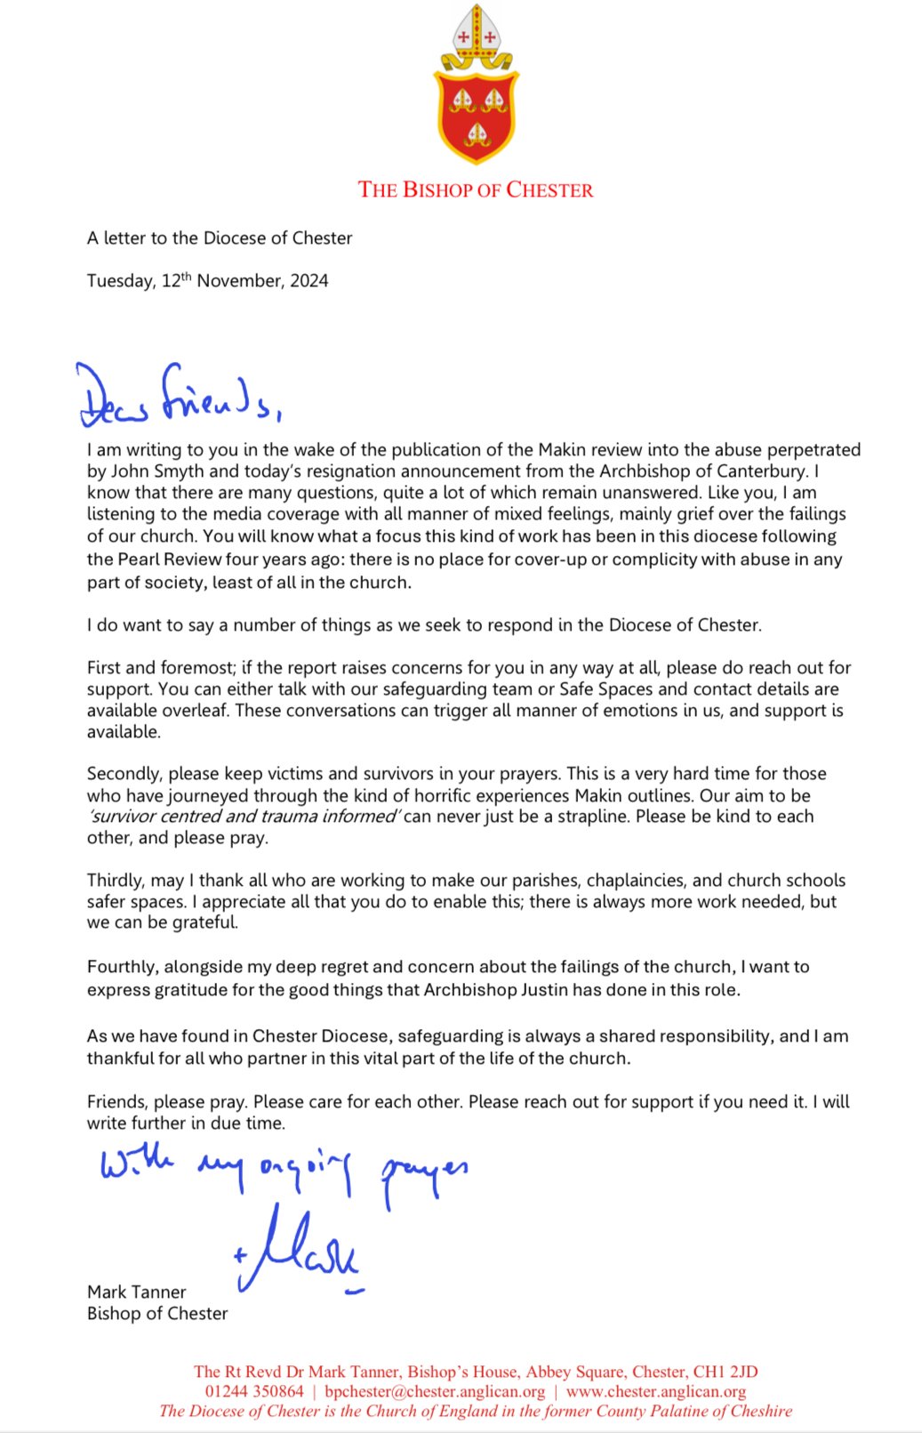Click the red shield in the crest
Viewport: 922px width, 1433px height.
coord(476,117)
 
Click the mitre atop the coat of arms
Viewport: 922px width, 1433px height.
coord(476,34)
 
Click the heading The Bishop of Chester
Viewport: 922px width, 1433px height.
coord(476,190)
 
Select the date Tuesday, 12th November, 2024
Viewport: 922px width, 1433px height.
coord(207,281)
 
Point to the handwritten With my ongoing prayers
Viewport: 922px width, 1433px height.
coord(283,1169)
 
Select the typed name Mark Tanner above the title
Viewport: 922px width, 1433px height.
coord(137,1292)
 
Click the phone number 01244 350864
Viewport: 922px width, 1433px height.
coord(253,1391)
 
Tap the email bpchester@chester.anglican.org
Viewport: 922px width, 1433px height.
coord(435,1391)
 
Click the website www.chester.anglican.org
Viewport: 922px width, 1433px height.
coord(655,1391)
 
